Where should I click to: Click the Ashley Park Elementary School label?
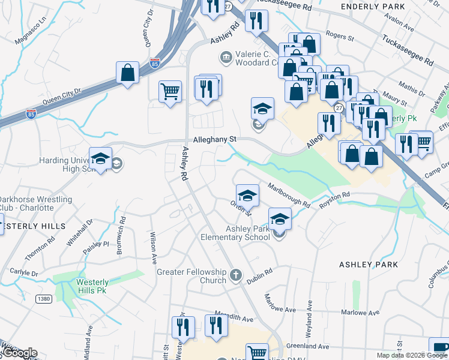tap(248, 233)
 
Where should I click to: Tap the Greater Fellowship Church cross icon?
tap(236, 276)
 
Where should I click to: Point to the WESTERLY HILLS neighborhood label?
tap(33, 226)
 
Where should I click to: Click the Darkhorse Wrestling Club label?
tap(36, 203)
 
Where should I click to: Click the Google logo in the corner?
tap(19, 353)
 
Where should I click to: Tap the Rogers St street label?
tap(340, 37)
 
